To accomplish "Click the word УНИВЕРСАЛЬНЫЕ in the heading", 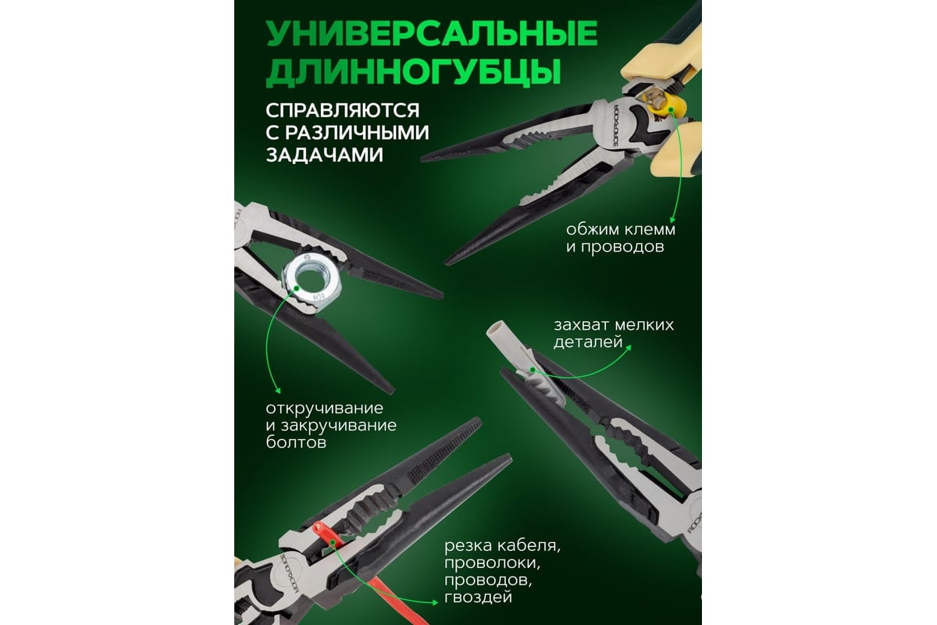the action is [432, 34].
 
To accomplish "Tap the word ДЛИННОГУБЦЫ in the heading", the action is [413, 73].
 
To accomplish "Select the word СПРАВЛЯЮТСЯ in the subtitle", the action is [343, 110].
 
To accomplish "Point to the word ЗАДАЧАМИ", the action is [325, 155].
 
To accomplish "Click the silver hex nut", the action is [312, 283].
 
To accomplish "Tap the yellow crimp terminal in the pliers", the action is [665, 107].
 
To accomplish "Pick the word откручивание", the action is [325, 409].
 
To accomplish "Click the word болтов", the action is [296, 442].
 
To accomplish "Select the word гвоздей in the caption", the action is [478, 597].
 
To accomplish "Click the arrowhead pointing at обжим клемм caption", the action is [672, 220].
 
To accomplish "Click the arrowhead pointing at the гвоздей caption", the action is [435, 602].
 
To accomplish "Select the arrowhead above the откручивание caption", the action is [277, 391].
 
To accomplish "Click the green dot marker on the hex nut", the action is [297, 287].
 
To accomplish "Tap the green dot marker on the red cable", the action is [333, 543].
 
